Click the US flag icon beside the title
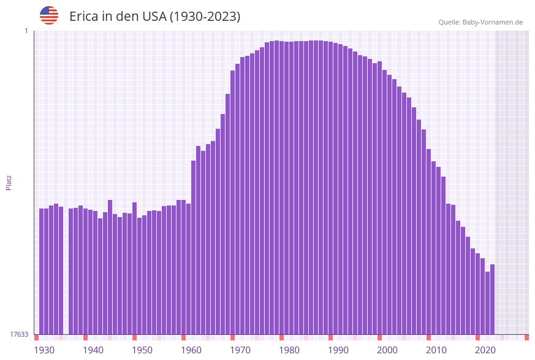(49, 15)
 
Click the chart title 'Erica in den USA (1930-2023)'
(154, 17)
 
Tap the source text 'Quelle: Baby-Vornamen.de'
(480, 22)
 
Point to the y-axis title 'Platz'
(9, 182)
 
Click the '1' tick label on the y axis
(26, 31)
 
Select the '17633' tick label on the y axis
(19, 334)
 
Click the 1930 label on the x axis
(44, 350)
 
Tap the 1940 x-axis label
(93, 350)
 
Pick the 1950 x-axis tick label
(142, 350)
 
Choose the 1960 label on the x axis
(191, 350)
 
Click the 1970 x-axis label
(240, 350)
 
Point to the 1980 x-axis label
(289, 350)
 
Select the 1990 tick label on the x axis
(338, 350)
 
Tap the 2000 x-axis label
(387, 350)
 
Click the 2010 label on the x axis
(436, 350)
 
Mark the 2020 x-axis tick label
(485, 350)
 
